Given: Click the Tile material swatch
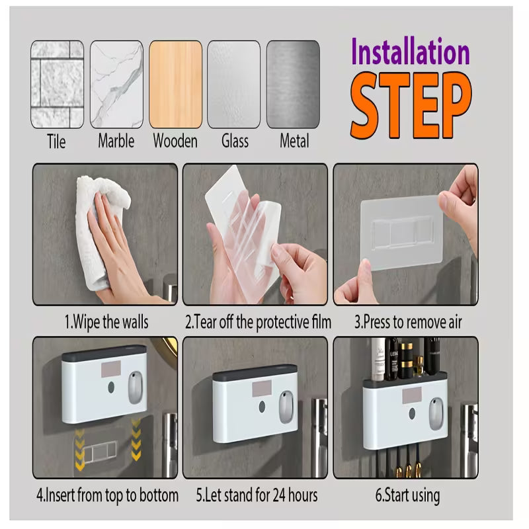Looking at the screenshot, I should [x=57, y=84].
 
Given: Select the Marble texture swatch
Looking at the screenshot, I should [x=116, y=84].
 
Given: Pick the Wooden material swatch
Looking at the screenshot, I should [x=175, y=84].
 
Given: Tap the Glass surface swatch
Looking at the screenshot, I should [x=234, y=84].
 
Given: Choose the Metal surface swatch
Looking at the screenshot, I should [x=294, y=84].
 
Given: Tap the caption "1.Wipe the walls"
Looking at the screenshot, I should [x=106, y=323].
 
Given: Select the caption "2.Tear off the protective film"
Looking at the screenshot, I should [x=257, y=323].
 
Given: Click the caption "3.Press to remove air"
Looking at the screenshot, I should [x=407, y=323].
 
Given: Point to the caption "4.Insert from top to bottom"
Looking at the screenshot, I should [x=106, y=495].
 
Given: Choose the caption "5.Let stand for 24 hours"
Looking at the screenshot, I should [x=257, y=495].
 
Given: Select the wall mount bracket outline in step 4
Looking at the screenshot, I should [x=100, y=452].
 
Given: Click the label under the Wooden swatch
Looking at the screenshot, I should [x=175, y=141].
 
